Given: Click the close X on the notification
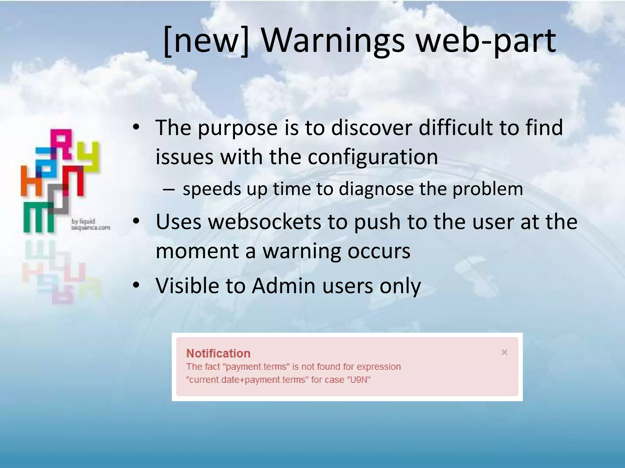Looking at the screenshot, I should coord(504,352).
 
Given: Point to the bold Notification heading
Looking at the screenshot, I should coord(218,353).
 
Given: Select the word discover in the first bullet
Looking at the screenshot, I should coord(371,127).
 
